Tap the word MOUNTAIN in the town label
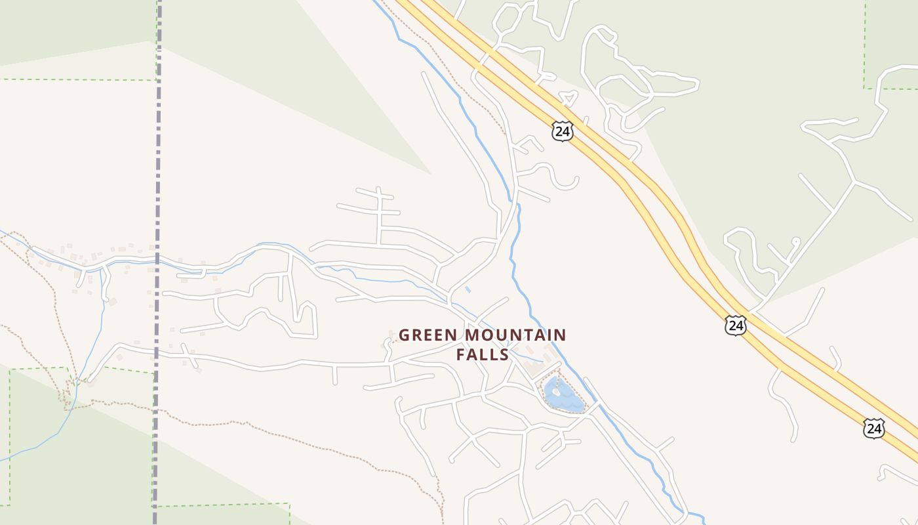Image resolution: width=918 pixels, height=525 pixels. pos(515,335)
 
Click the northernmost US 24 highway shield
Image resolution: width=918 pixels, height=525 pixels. pos(562,131)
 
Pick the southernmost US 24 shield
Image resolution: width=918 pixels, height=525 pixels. pos(873,429)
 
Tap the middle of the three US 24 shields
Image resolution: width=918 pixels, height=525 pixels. pos(736,325)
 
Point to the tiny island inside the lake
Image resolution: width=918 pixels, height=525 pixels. pos(556,392)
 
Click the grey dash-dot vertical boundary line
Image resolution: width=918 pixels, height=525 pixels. pos(157,197)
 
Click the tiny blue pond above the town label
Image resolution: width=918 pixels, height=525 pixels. pos(468,289)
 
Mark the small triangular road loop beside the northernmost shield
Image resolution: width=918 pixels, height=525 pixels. pos(569,99)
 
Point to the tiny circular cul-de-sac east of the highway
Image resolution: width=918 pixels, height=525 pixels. pos(795,241)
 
